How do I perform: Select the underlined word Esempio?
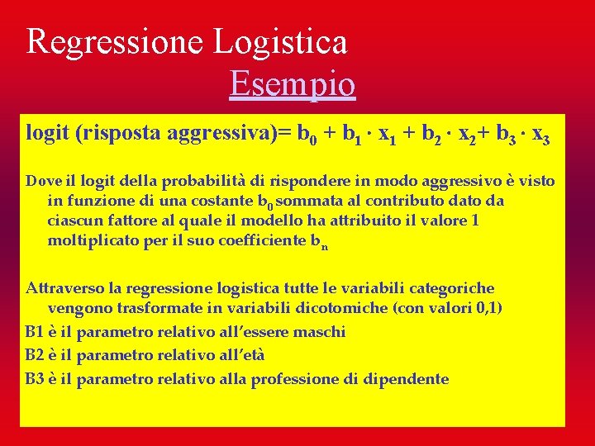click(293, 84)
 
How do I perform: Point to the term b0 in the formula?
click(307, 135)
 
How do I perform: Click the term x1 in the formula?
click(387, 135)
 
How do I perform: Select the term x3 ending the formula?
click(540, 135)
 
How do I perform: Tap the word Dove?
click(42, 181)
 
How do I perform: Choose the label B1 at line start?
click(35, 332)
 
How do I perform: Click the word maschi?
click(317, 332)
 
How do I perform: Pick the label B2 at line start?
click(35, 355)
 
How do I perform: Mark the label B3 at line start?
click(35, 379)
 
